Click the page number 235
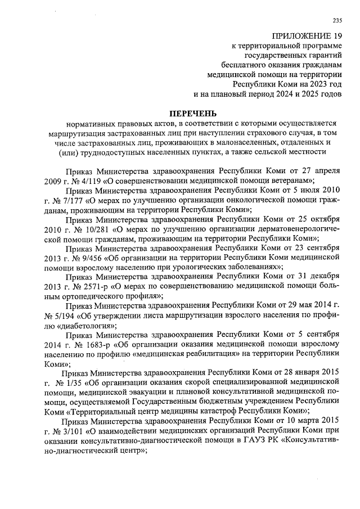337,21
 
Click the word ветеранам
291,181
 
